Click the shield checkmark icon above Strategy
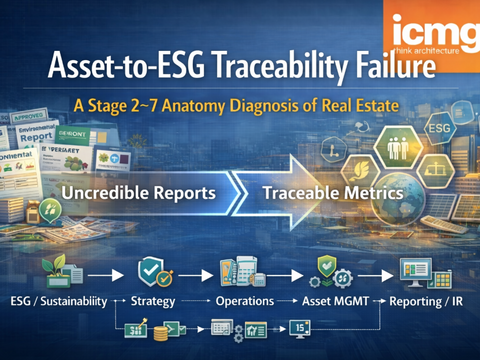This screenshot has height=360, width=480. (x=150, y=270)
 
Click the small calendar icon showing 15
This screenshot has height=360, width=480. (x=301, y=327)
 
